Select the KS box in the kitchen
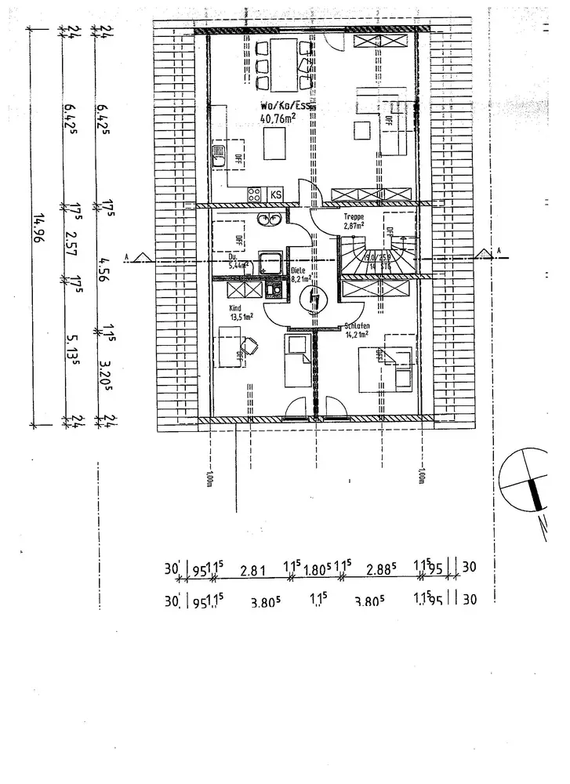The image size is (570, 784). [x=276, y=194]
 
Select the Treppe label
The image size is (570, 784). [x=355, y=217]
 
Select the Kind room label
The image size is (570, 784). [x=235, y=308]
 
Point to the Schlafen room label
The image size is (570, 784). [x=357, y=327]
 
